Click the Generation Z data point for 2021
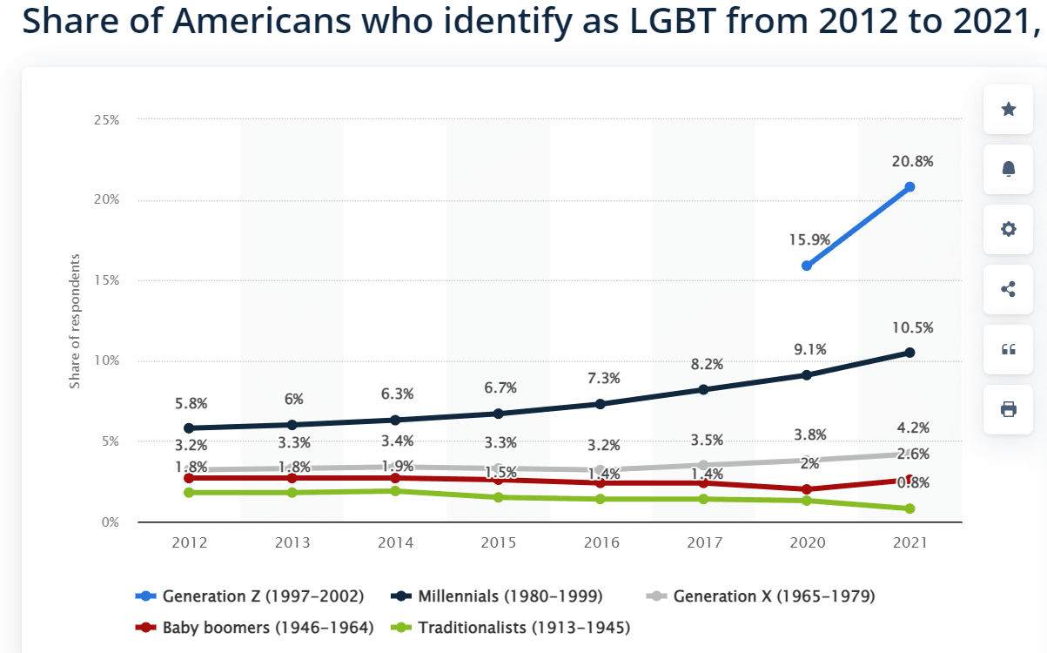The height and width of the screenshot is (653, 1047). tap(909, 187)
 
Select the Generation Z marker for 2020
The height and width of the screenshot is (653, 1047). tap(807, 266)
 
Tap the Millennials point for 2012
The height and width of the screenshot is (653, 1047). tap(190, 428)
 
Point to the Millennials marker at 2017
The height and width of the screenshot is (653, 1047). tap(703, 389)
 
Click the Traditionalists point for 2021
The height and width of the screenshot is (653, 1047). tap(909, 508)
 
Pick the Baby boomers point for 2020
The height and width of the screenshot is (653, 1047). tap(807, 489)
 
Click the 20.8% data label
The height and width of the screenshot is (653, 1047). tap(912, 161)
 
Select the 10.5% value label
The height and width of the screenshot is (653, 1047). tap(912, 328)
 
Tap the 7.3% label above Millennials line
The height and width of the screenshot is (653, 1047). tap(603, 378)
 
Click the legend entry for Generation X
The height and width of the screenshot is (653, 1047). tap(762, 596)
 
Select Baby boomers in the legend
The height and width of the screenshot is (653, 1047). tap(257, 627)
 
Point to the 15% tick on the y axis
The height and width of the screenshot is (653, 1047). tap(106, 280)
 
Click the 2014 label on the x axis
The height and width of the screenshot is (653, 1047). tap(395, 542)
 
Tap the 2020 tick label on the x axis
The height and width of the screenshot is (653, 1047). tap(807, 542)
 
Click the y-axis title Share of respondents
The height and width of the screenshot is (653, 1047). tap(76, 321)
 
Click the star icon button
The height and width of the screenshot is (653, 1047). tap(1008, 109)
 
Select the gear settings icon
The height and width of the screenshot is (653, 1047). tap(1008, 229)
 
